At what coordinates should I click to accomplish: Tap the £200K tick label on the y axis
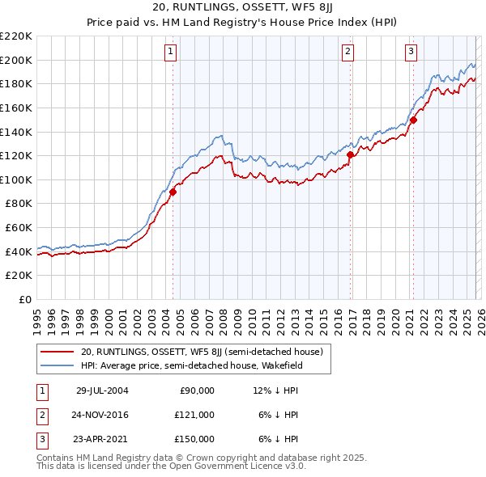16,60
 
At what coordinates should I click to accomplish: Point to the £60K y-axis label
19,228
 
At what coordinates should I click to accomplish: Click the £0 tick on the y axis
25,300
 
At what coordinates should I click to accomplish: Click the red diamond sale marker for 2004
173,192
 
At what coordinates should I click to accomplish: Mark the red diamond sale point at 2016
350,154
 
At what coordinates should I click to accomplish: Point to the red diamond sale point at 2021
412,120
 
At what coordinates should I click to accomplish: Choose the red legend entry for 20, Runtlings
202,352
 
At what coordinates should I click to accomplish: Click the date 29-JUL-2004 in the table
102,390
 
